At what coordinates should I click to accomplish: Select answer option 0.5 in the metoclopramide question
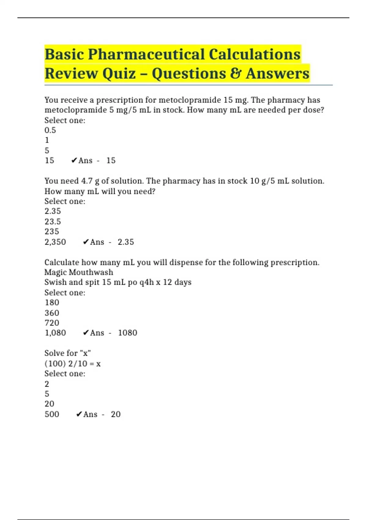click(50, 130)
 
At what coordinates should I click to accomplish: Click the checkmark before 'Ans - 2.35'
click(86, 242)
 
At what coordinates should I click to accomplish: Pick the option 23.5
click(53, 221)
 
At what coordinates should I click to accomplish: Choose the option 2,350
click(55, 242)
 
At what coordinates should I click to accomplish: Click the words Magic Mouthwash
click(79, 272)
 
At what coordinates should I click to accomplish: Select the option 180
click(52, 303)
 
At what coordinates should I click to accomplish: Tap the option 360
click(52, 313)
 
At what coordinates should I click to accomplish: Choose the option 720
click(52, 323)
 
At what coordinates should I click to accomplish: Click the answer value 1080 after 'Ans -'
click(128, 333)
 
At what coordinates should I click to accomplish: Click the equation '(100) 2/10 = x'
click(72, 364)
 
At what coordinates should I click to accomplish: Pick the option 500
click(52, 414)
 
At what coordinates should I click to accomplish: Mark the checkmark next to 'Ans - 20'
click(79, 414)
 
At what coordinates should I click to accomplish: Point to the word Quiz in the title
click(119, 74)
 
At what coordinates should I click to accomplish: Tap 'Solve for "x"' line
click(68, 353)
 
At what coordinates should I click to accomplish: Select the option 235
click(52, 232)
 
